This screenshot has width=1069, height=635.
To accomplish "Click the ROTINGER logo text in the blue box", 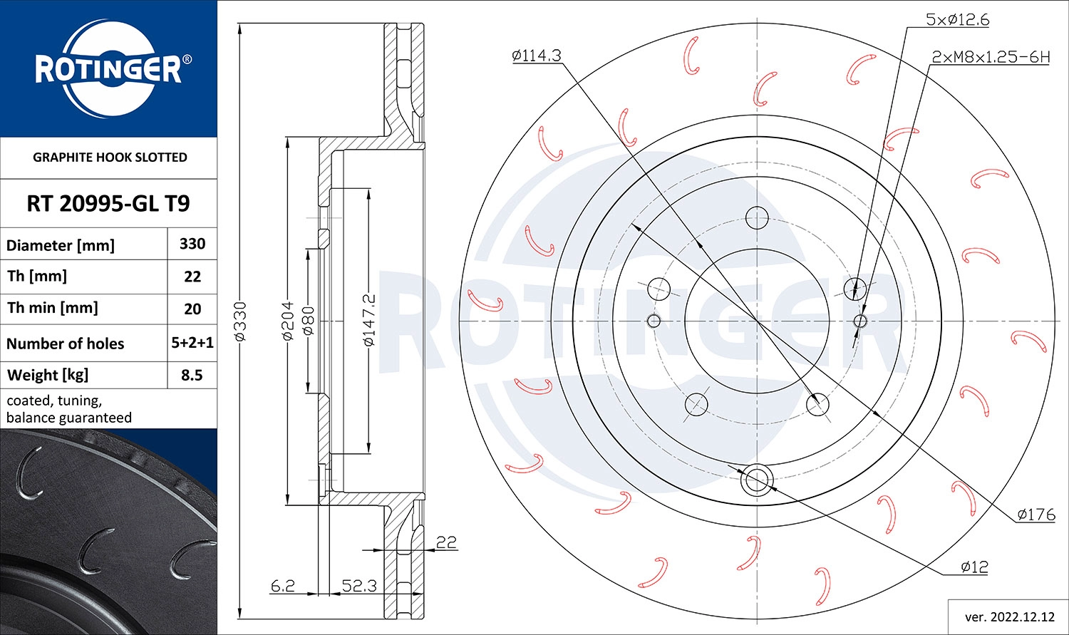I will (x=108, y=70).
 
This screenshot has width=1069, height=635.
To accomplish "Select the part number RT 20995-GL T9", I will (x=108, y=204).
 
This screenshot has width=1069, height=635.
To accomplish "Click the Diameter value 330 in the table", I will (x=192, y=244).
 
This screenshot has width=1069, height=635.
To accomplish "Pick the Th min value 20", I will (x=192, y=309).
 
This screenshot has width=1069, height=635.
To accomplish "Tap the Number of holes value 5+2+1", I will (x=192, y=343).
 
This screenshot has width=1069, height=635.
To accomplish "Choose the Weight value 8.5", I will (x=192, y=375).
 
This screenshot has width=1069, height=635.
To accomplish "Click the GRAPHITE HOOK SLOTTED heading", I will (x=110, y=158).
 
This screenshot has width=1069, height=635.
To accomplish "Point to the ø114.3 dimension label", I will (x=537, y=56).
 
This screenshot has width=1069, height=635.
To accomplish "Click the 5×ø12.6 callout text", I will (x=957, y=20).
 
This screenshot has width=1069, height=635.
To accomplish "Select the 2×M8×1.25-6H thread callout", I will (x=991, y=57).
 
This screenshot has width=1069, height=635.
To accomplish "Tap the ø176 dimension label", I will (x=1036, y=515).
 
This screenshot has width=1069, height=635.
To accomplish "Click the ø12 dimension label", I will (x=974, y=567).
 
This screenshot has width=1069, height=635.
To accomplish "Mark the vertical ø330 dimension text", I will (x=241, y=321).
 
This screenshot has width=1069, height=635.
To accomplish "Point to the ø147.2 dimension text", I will (x=368, y=321).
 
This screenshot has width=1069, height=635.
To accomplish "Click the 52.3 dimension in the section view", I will (x=359, y=586).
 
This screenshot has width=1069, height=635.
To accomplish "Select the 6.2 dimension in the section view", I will (x=283, y=586).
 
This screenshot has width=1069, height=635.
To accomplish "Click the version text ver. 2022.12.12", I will (x=1008, y=616).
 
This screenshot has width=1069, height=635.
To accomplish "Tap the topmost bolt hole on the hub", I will (x=756, y=217).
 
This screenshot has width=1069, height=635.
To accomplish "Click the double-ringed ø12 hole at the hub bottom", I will (x=756, y=480).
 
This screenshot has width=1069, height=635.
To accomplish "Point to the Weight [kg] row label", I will (x=47, y=375).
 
